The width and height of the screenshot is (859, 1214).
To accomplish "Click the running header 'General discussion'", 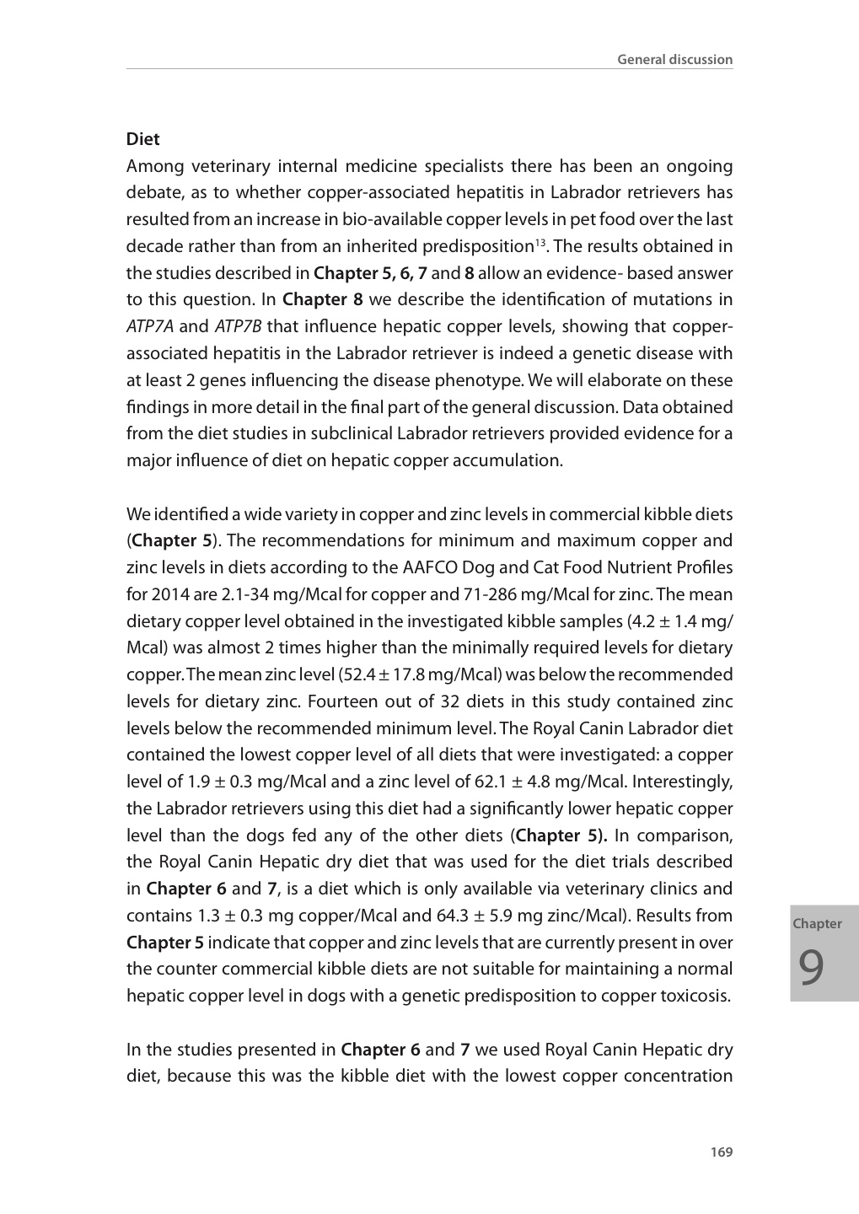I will click(x=674, y=59).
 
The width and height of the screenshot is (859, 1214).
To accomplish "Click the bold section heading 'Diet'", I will click(x=142, y=139).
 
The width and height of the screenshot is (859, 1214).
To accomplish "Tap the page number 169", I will click(x=721, y=1152).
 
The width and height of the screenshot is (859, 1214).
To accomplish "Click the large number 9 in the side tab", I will click(x=811, y=967).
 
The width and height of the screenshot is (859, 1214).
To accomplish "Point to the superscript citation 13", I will click(x=540, y=243).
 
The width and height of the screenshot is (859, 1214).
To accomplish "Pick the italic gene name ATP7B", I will click(x=238, y=326).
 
